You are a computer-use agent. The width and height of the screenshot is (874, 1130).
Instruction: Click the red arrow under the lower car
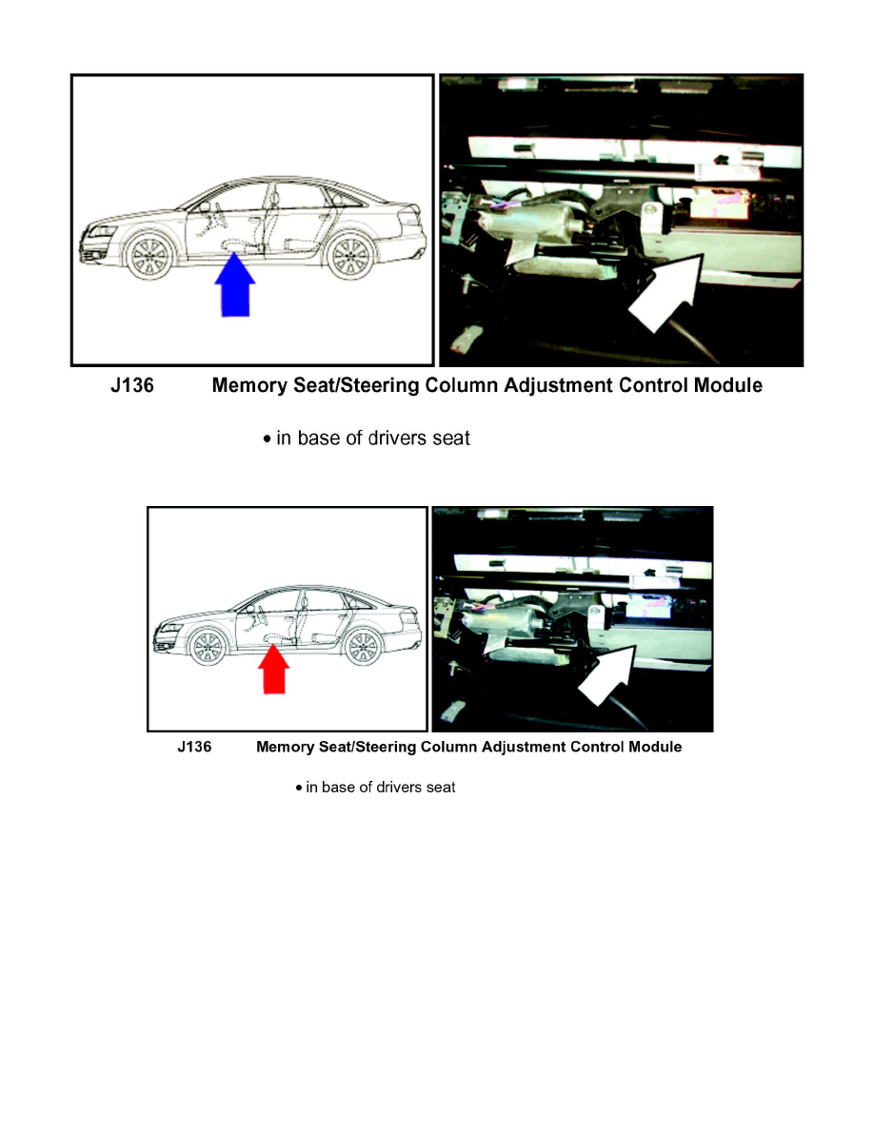pos(274,669)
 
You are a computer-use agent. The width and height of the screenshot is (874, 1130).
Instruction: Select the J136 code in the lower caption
pos(194,748)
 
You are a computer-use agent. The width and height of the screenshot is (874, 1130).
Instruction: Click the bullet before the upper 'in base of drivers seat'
pos(268,439)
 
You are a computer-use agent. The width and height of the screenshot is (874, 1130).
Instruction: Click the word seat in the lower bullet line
pos(440,788)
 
